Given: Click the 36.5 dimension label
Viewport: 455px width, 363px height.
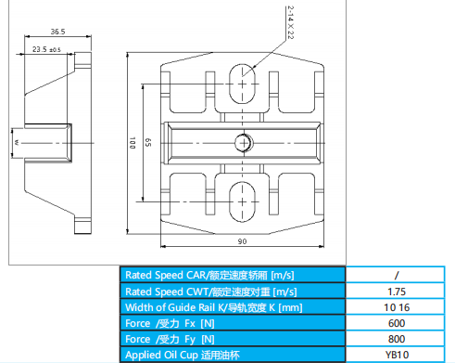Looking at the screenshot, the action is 57,32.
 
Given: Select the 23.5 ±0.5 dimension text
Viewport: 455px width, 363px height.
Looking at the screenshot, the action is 46,49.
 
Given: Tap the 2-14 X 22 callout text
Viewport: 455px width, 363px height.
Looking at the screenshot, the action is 290,22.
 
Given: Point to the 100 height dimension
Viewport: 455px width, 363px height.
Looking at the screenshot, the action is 133,143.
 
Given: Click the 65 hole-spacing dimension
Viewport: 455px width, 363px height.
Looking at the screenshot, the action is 148,142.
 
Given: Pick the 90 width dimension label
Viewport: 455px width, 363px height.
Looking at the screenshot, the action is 242,241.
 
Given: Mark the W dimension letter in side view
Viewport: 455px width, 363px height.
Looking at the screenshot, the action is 17,143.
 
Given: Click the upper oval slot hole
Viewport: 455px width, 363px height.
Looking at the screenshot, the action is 242,84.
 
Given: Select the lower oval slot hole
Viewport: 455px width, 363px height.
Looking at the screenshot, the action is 242,201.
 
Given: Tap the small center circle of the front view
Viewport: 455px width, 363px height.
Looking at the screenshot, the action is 244,143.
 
